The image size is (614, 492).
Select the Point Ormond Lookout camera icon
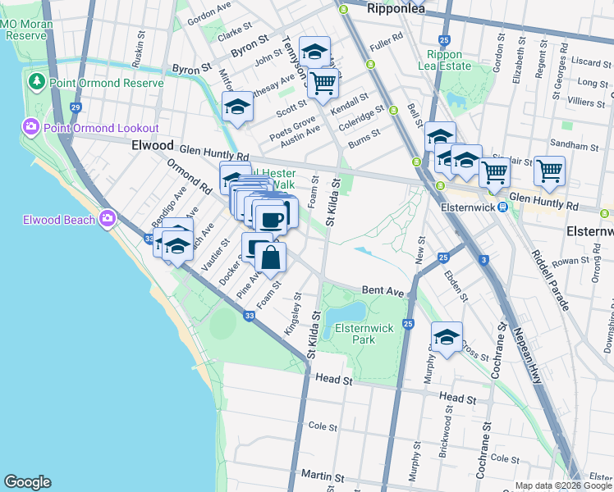31,127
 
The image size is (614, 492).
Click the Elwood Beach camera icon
108,218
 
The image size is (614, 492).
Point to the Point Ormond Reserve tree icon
36,83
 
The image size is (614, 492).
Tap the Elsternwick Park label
365,334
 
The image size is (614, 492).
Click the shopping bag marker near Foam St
271,258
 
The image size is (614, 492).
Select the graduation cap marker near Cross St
447,337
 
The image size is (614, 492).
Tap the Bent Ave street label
383,291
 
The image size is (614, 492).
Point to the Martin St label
321,476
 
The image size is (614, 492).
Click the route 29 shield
76,107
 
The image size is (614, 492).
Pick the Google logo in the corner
27,482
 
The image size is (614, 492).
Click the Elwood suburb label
152,145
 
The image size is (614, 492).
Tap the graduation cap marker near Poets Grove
237,107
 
